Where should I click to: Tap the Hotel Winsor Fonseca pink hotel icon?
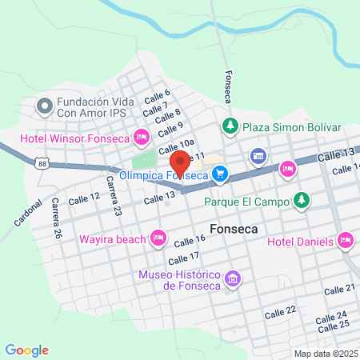click(x=141, y=137)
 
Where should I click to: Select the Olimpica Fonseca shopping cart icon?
click(x=220, y=173)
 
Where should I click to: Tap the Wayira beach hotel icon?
click(x=158, y=238)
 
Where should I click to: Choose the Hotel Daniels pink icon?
click(x=346, y=239)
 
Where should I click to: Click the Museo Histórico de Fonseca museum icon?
click(x=233, y=279)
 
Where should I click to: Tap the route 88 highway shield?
click(x=42, y=162)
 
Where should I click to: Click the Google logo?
click(x=27, y=350)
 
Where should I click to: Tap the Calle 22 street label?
click(x=280, y=309)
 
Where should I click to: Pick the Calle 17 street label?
click(x=184, y=258)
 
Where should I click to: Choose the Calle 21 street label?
click(x=339, y=288)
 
